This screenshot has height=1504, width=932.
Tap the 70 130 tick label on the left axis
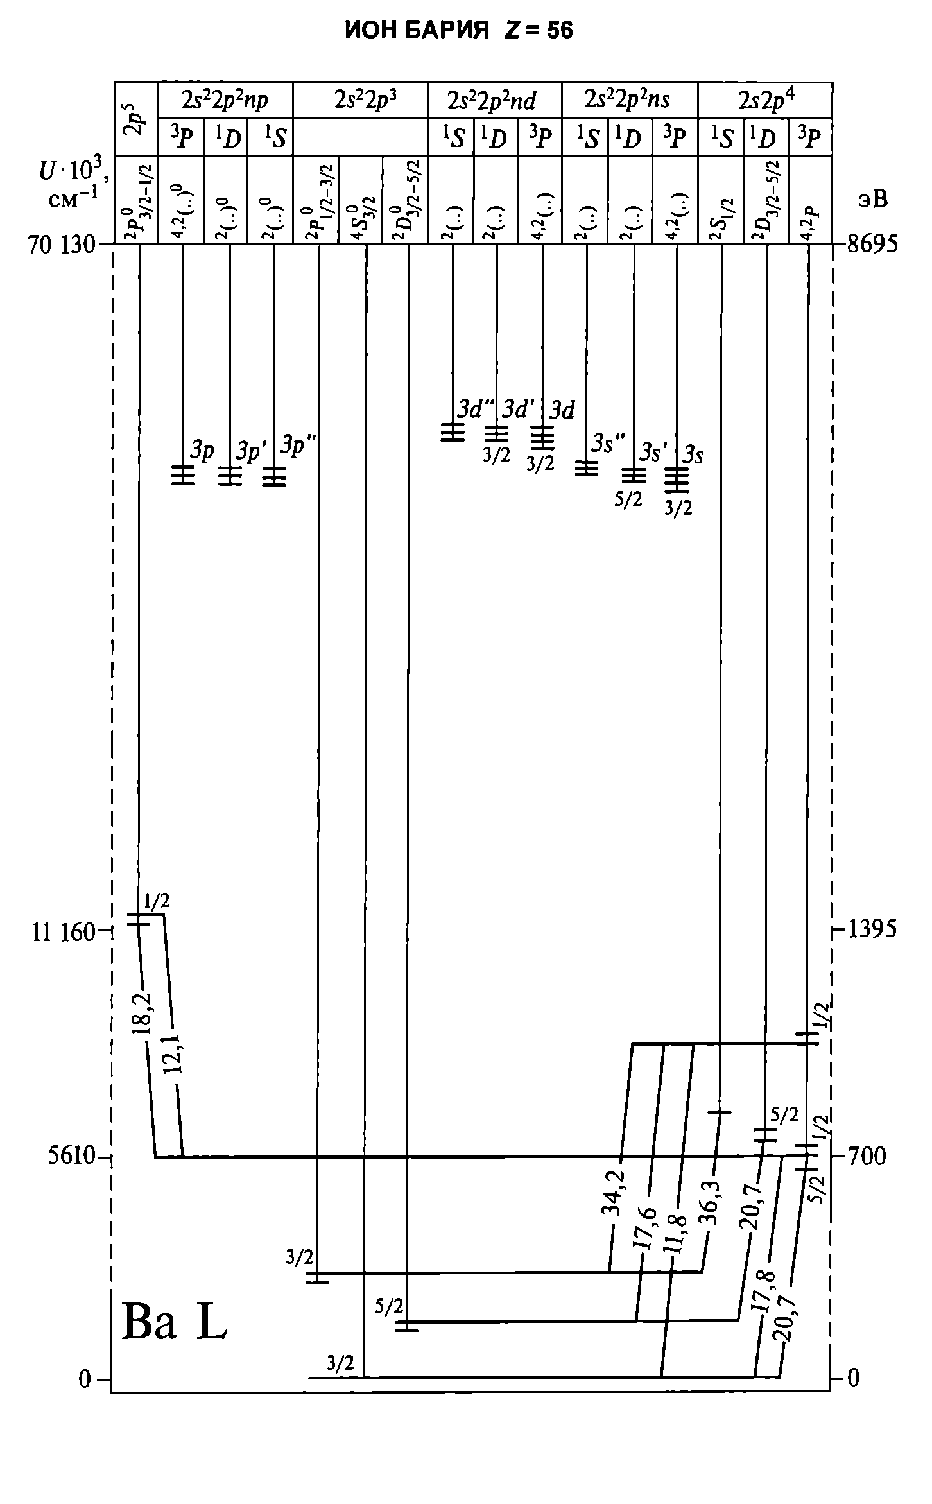(61, 245)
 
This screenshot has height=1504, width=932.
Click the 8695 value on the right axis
(873, 245)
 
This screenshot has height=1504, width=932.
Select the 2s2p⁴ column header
(765, 100)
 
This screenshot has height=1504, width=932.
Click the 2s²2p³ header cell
(360, 100)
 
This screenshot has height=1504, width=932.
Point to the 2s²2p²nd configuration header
(494, 100)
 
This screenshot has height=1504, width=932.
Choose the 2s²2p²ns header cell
(629, 100)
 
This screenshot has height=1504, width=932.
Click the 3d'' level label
(477, 409)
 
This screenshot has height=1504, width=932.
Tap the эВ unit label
(873, 200)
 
